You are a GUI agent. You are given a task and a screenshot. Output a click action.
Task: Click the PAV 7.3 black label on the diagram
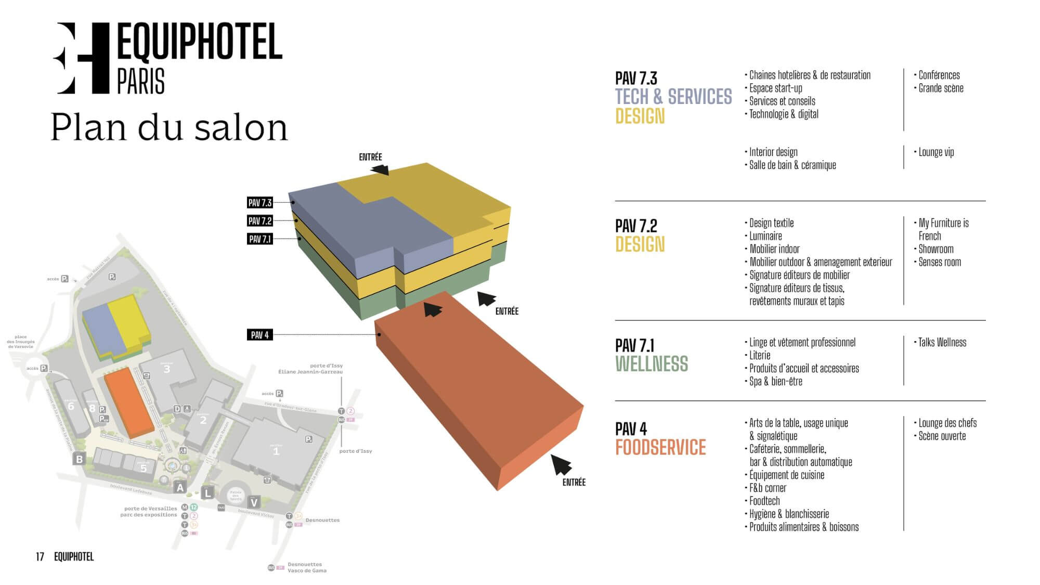260,203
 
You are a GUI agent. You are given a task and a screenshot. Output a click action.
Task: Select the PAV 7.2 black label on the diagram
260,221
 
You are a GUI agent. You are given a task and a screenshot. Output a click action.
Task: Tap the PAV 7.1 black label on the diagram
260,239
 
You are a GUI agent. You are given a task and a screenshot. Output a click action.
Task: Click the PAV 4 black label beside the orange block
259,335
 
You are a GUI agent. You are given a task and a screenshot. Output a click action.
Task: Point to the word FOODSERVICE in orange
660,448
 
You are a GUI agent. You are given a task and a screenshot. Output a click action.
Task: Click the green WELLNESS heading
652,364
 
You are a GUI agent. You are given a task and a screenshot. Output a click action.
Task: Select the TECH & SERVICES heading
673,97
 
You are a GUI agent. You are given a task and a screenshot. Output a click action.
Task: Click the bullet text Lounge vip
936,152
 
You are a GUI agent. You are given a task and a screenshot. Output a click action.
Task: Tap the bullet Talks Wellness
942,343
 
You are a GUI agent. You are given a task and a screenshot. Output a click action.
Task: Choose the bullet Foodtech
764,501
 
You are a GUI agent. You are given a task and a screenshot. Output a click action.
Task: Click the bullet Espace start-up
775,88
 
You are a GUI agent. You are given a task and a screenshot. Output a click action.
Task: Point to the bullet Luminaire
765,236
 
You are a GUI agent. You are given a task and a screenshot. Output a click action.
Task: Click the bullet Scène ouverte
942,436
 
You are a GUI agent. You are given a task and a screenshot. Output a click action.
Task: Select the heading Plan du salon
169,127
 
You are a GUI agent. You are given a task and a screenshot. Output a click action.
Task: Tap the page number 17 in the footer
40,557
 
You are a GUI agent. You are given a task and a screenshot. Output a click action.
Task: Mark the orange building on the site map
129,403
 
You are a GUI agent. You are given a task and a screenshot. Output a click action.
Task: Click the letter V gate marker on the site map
254,502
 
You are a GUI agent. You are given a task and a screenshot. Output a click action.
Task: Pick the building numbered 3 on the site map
167,369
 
